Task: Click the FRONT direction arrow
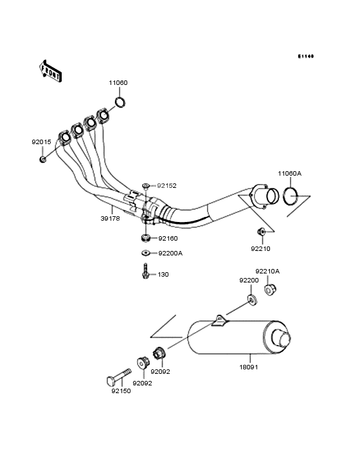click(50, 71)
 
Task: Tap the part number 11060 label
click(118, 82)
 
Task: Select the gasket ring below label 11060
click(120, 102)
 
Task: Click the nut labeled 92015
click(43, 159)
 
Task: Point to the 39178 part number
click(110, 219)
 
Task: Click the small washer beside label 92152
click(146, 186)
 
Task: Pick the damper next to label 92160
click(146, 239)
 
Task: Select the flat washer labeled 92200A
click(146, 254)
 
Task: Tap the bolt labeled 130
click(146, 272)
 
